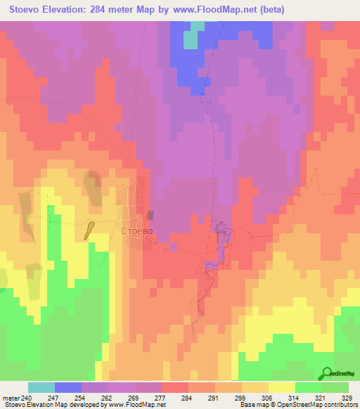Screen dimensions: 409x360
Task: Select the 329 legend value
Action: (347, 397)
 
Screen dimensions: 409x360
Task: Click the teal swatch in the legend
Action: (41, 387)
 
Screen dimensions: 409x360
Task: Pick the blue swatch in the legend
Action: (68, 387)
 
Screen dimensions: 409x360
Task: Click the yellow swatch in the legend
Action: (281, 387)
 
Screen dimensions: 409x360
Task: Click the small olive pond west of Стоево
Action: (90, 230)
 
